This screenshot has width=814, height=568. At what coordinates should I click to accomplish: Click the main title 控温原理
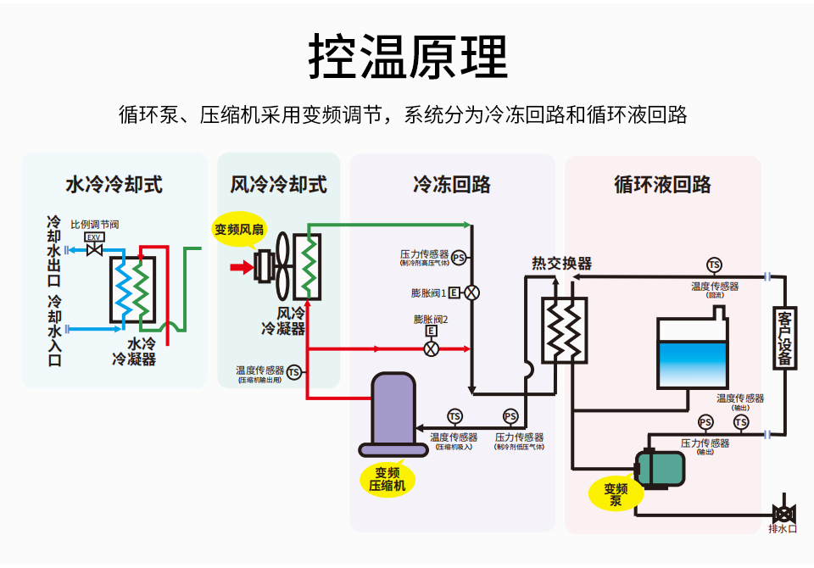[x=408, y=57]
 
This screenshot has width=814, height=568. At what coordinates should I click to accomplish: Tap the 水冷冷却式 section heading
[x=114, y=184]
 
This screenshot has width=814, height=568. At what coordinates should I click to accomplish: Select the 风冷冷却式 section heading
[x=278, y=184]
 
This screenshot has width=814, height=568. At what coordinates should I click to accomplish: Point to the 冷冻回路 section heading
[x=451, y=184]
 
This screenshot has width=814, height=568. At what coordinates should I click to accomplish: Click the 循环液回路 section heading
[x=662, y=184]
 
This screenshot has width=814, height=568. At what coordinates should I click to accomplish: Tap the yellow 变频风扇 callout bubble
[x=239, y=229]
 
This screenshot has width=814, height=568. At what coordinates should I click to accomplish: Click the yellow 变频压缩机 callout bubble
[x=387, y=479]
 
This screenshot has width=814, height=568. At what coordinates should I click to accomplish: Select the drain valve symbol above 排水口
[x=783, y=512]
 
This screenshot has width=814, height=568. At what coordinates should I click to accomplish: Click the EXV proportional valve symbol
[x=95, y=249]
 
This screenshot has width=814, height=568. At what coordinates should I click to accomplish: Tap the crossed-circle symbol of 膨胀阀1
[x=471, y=292]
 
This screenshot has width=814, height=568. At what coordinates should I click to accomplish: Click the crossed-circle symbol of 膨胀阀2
[x=431, y=348]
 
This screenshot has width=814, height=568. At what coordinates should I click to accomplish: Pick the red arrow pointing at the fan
[x=243, y=268]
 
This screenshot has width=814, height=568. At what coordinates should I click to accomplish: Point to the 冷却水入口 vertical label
[x=54, y=331]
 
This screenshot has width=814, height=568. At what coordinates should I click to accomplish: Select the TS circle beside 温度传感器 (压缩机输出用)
[x=293, y=371]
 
